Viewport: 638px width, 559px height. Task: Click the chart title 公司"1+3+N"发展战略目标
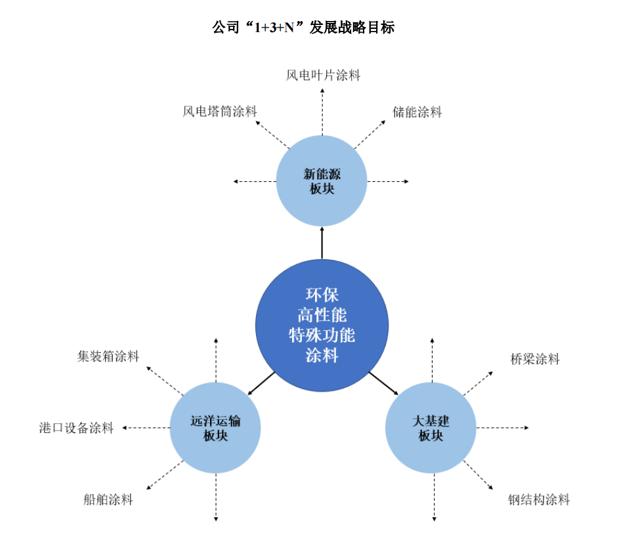pos(303,28)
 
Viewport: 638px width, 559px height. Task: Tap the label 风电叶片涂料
pos(323,75)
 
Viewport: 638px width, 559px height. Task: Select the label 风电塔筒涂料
pos(219,112)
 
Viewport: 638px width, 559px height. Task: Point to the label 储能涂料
pos(417,112)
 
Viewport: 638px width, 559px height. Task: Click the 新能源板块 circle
pos(322,181)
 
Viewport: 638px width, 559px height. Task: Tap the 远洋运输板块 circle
pos(215,428)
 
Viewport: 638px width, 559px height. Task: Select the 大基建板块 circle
pos(431,428)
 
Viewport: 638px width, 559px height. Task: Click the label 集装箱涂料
pos(108,357)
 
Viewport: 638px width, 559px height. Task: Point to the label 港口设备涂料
pos(76,428)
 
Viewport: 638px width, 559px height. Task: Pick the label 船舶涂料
pos(108,499)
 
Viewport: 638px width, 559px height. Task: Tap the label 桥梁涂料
pos(535,359)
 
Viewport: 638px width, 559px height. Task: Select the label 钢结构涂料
pos(539,500)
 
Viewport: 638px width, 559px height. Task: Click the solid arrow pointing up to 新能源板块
pos(322,243)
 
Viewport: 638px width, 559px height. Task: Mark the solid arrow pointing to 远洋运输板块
pos(262,384)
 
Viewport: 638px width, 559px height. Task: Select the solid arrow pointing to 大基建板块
pos(383,384)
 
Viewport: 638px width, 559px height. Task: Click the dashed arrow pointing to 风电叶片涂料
pos(322,112)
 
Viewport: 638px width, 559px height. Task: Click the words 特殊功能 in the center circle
pos(322,336)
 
